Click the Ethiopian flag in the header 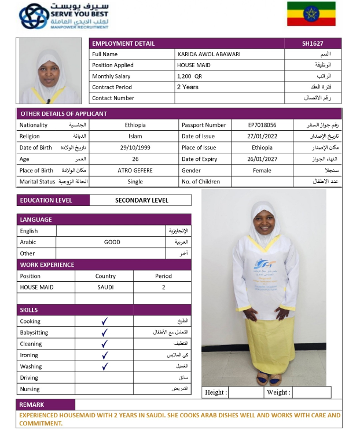coord(311,13)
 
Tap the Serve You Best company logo coord(64,16)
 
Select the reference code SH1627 coord(313,43)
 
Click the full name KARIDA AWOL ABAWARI coord(209,54)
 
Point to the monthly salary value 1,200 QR coord(190,76)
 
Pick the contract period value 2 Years coord(188,87)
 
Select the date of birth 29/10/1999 coord(135,148)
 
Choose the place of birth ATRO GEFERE coord(135,171)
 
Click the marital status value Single coord(135,182)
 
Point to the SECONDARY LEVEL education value coord(142,200)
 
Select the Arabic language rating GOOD coord(112,242)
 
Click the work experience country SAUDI coord(105,287)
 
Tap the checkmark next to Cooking coord(105,321)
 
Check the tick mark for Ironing coord(105,355)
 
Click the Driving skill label coord(30,378)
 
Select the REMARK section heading coord(32,405)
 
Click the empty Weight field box coord(311,392)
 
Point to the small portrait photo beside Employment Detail coord(50,71)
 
